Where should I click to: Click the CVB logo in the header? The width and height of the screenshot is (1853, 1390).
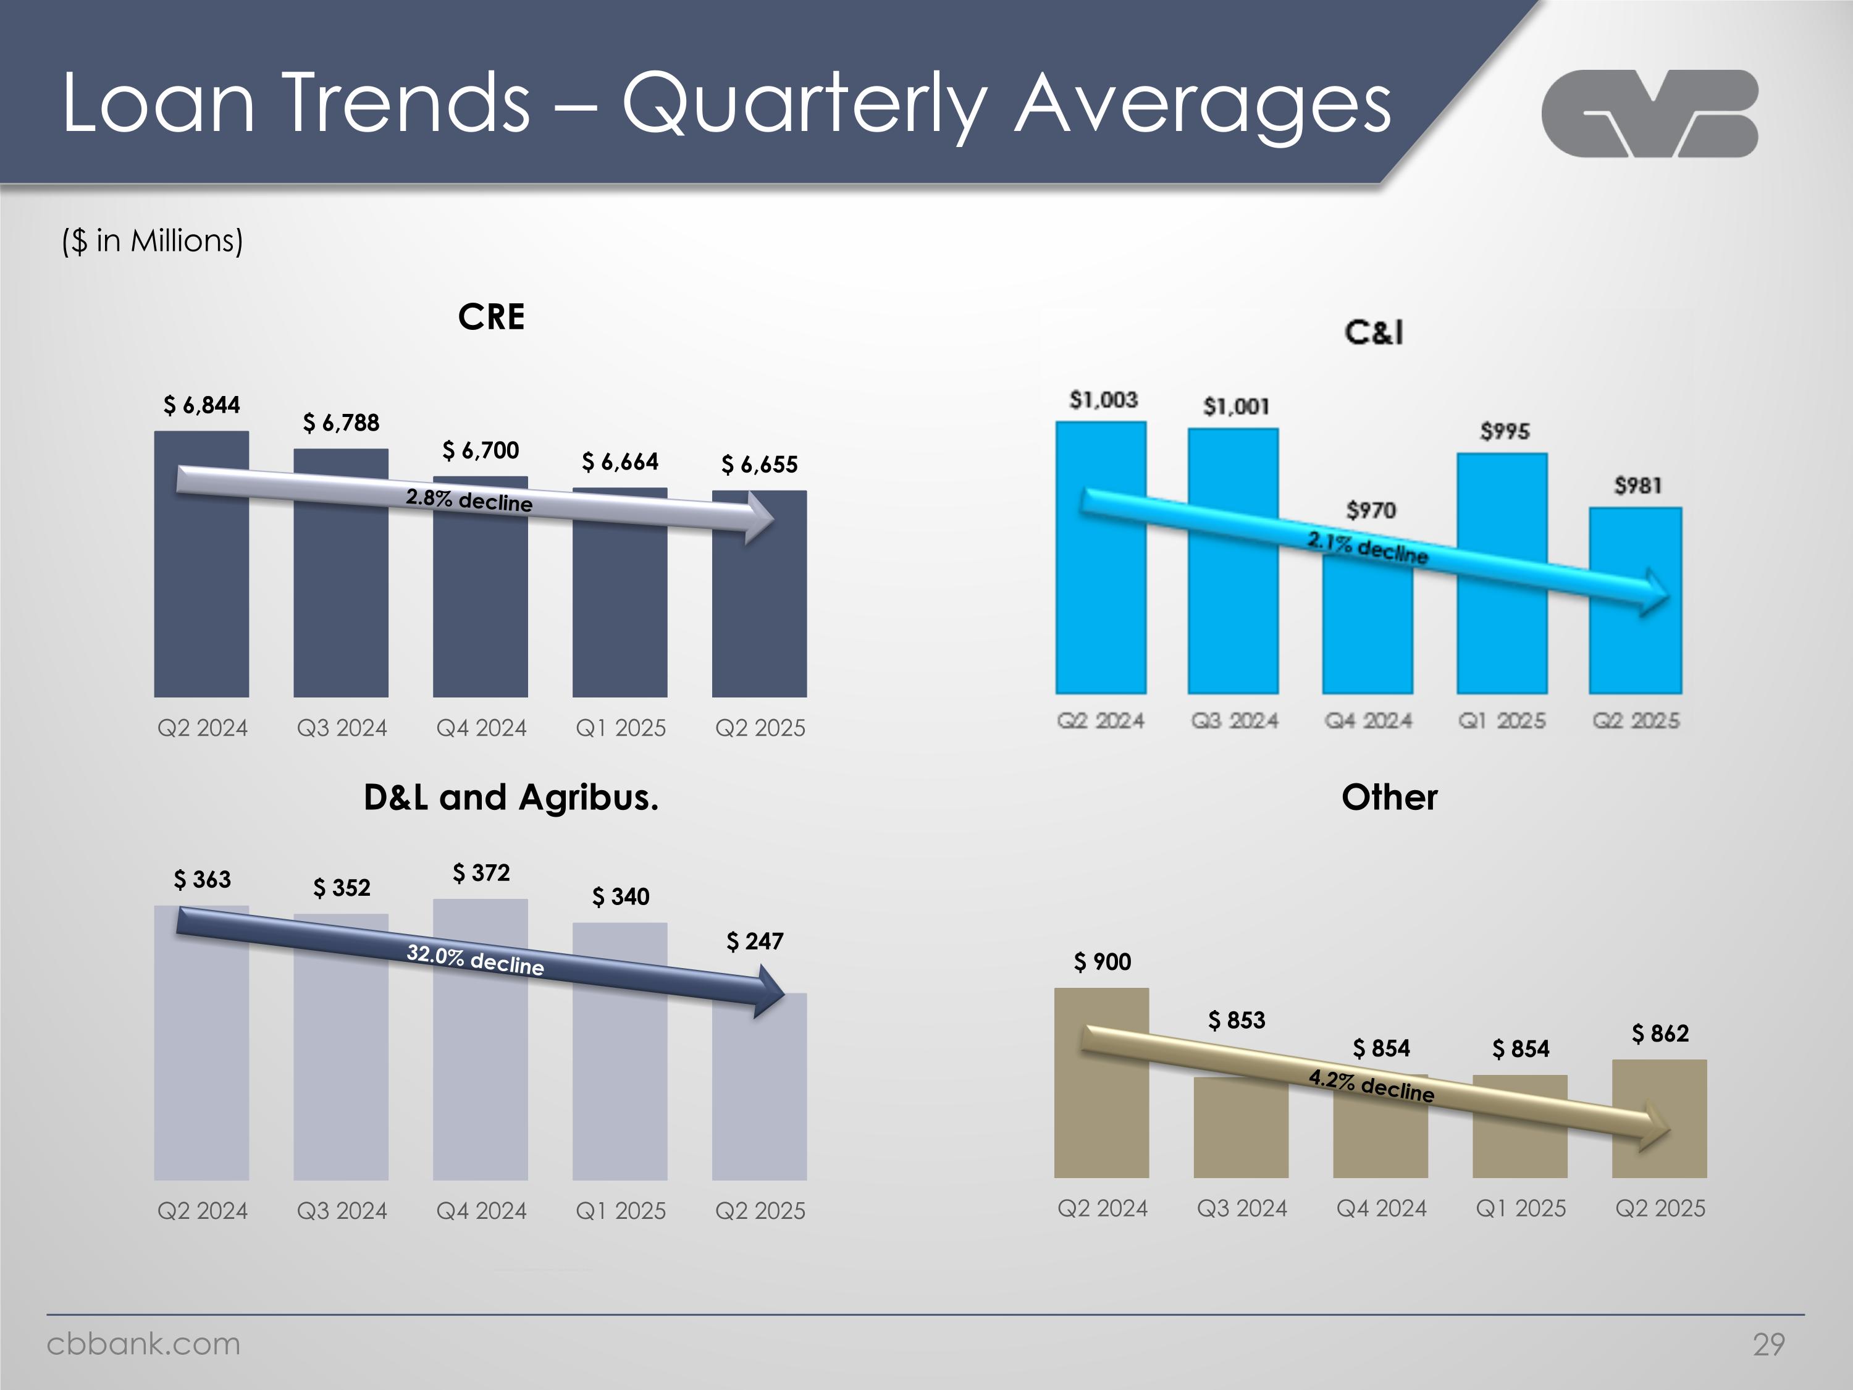point(1649,114)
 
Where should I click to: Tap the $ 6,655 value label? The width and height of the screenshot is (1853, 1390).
point(759,464)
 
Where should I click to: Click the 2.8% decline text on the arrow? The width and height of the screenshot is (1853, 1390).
point(469,500)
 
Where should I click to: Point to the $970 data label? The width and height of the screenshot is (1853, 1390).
point(1371,510)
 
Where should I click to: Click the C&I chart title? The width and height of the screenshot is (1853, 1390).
point(1374,332)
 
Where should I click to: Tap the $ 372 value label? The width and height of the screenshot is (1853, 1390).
point(481,873)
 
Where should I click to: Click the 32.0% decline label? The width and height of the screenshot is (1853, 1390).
point(475,959)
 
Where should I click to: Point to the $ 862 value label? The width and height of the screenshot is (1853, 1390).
point(1660,1033)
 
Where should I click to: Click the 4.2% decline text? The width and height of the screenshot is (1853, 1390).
point(1371,1086)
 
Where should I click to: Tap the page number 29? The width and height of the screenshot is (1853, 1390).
point(1768,1344)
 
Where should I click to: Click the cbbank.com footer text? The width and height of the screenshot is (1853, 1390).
point(143,1344)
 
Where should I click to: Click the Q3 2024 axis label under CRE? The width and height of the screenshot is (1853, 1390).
point(342,728)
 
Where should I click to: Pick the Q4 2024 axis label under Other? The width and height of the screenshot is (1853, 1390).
point(1380,1208)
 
